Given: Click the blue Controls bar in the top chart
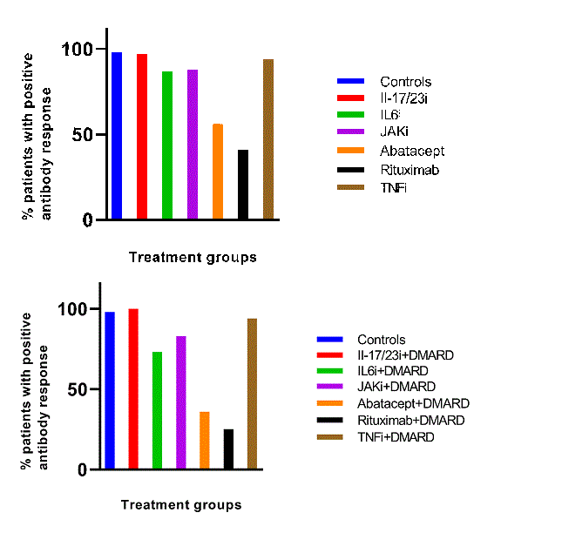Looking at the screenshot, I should point(117,136).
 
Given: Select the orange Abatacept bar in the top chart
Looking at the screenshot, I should point(218,172).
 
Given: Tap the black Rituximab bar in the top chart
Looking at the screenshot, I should point(243,185).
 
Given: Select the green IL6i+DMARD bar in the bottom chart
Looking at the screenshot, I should point(157,410).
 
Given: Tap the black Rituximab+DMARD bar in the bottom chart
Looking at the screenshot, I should point(228,449).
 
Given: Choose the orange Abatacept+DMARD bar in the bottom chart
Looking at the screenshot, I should point(205,440).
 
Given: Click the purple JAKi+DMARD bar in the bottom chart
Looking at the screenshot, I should point(181,402).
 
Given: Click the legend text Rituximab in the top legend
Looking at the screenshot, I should point(410,170).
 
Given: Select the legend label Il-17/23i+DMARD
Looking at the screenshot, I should point(407,355).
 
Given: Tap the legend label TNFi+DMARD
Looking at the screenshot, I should point(396,437).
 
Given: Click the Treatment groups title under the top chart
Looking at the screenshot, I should point(193,257).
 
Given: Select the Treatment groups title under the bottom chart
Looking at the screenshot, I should point(181,505).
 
